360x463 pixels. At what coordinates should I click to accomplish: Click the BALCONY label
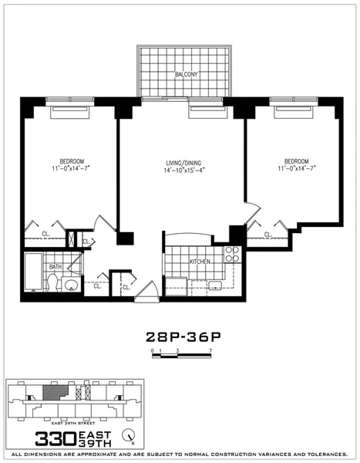click(x=187, y=75)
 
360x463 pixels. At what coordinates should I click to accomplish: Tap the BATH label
click(x=55, y=267)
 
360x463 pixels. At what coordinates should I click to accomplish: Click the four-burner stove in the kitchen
click(x=232, y=255)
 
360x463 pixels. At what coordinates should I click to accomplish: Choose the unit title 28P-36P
click(x=179, y=336)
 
